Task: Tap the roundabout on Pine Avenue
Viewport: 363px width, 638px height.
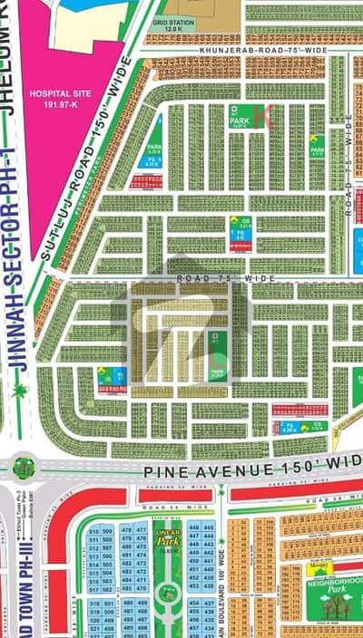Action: [23, 469]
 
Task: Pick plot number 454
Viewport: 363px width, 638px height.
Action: [193, 602]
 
